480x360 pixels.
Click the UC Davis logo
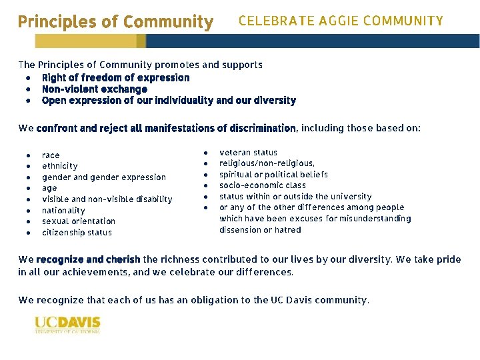click(67, 324)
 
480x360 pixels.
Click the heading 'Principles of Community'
click(115, 21)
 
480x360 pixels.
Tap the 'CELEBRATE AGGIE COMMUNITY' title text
click(340, 21)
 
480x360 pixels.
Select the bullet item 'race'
click(51, 155)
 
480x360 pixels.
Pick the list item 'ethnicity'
click(59, 166)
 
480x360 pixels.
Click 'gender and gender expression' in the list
click(103, 177)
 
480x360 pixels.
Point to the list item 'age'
click(49, 188)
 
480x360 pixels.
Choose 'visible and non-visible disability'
click(107, 199)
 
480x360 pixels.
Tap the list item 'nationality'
click(63, 210)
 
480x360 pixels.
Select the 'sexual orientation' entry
click(78, 221)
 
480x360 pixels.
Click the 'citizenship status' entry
click(77, 233)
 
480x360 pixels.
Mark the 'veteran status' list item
click(248, 153)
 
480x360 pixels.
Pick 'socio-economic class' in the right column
click(263, 185)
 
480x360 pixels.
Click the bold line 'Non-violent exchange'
click(94, 89)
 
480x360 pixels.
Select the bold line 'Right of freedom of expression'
click(115, 77)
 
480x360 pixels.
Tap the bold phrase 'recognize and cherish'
click(88, 259)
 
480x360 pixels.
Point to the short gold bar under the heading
click(89, 41)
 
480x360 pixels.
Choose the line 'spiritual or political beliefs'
click(273, 175)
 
